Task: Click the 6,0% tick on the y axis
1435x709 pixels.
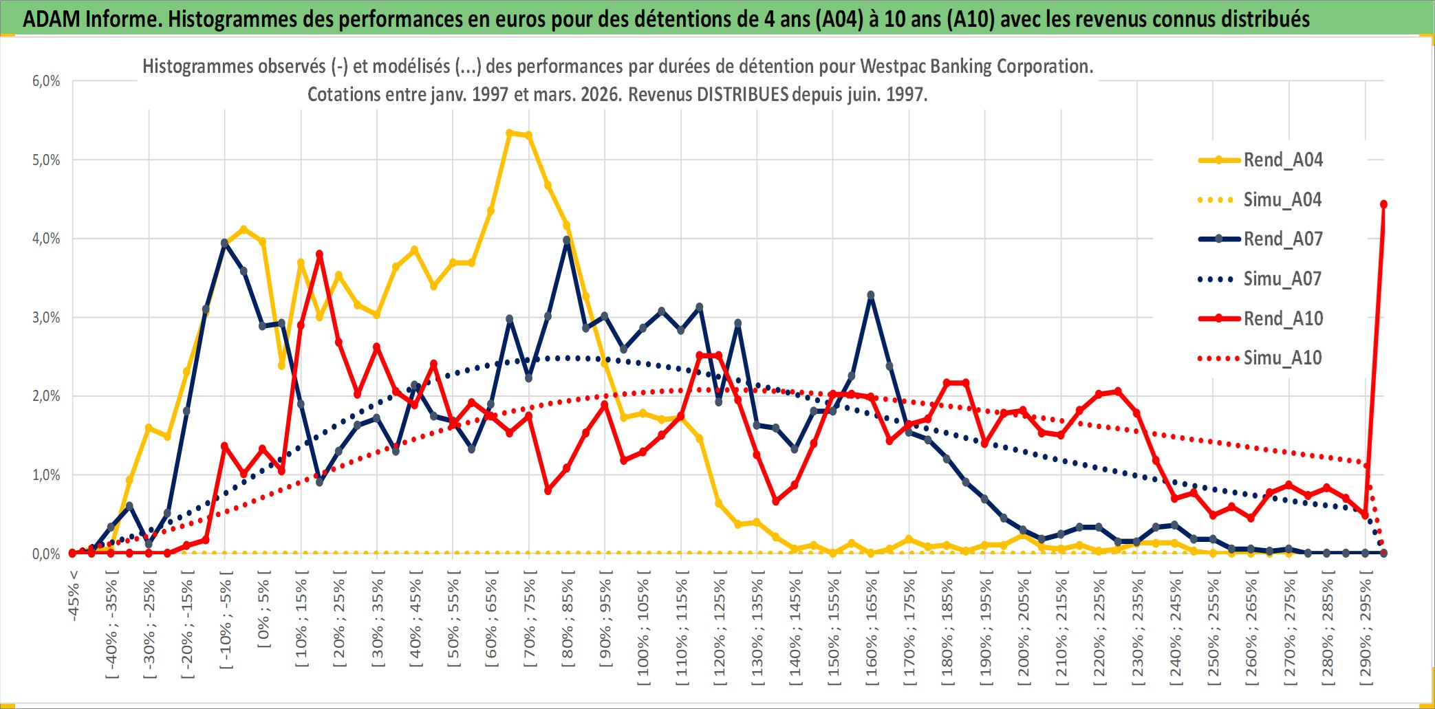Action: [46, 81]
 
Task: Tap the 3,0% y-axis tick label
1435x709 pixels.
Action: [46, 318]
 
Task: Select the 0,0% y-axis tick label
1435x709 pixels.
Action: [46, 554]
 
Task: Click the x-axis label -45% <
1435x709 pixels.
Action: [74, 596]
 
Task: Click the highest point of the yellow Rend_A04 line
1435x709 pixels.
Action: [510, 133]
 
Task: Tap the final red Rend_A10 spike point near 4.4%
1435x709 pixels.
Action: [1383, 204]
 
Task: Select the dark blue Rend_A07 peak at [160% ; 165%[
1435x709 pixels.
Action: [871, 295]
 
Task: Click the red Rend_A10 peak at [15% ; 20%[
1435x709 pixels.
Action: [319, 254]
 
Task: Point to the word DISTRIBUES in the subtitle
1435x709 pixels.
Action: [742, 94]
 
